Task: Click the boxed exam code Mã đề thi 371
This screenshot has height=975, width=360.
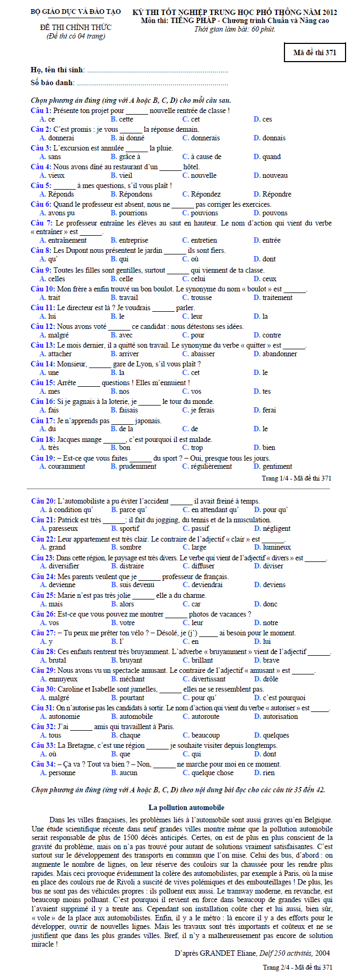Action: (x=314, y=52)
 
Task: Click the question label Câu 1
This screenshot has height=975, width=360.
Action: (x=41, y=111)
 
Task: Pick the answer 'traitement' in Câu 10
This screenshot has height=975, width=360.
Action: (x=277, y=298)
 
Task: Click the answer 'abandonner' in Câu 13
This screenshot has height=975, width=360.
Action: (x=279, y=354)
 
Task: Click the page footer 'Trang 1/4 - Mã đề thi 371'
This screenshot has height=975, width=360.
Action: (x=296, y=478)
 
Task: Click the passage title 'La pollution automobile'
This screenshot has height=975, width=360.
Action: (x=186, y=807)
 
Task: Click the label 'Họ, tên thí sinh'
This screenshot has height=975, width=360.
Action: (x=57, y=70)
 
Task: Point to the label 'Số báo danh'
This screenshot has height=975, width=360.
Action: (x=52, y=83)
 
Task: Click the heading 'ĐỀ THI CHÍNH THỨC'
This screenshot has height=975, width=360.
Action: (x=76, y=27)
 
